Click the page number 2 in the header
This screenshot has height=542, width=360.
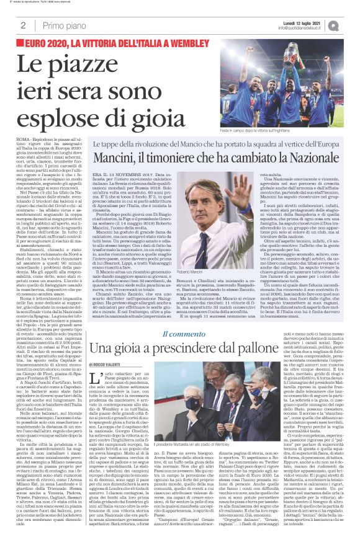click(23, 25)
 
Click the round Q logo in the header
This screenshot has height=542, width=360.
click(351, 25)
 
